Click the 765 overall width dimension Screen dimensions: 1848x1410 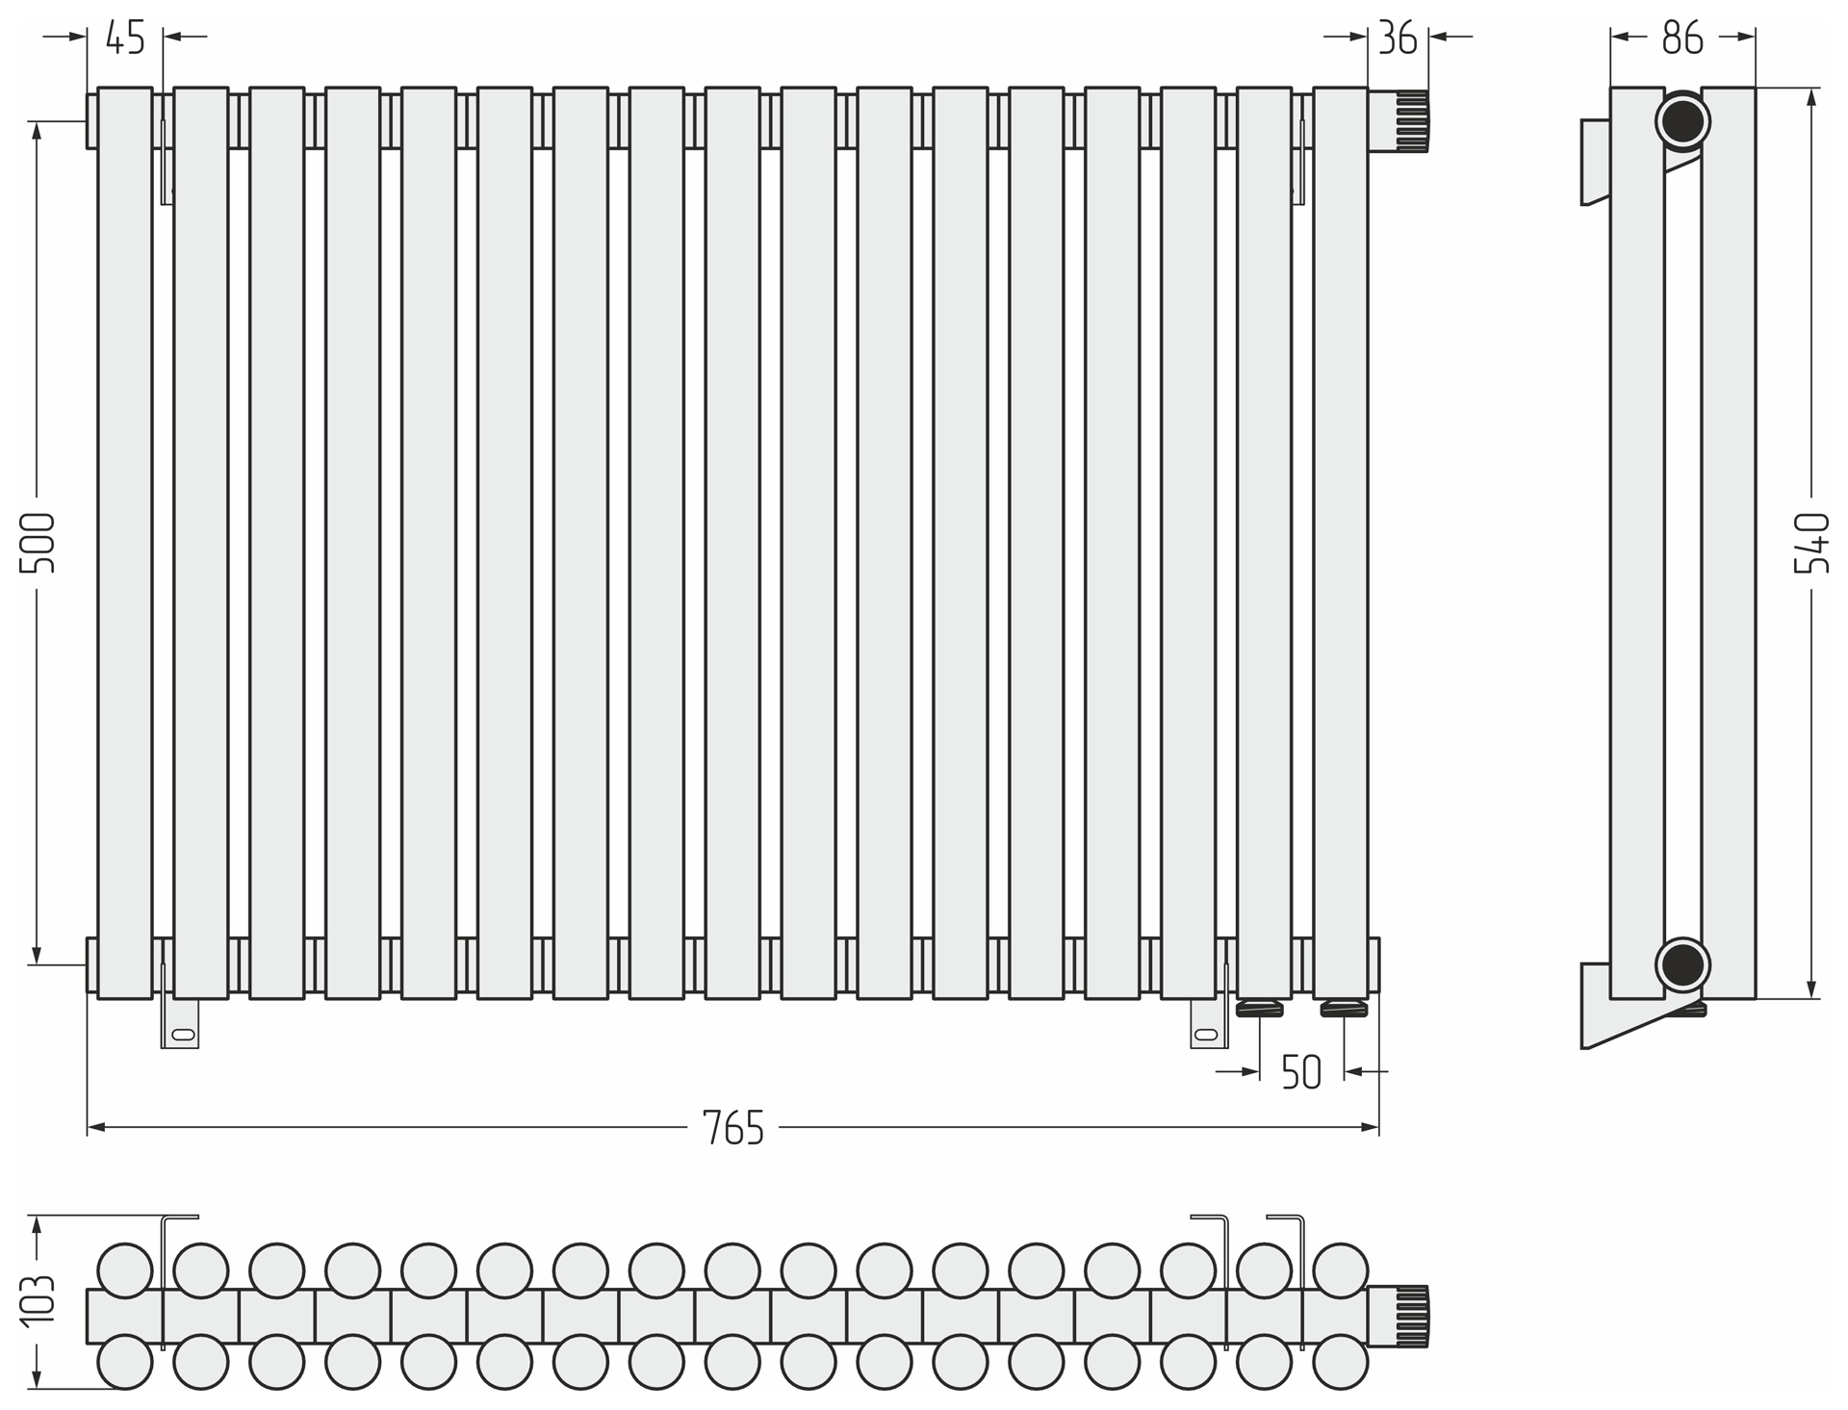point(733,1127)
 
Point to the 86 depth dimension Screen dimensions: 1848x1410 point(1681,38)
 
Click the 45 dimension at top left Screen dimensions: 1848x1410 point(125,38)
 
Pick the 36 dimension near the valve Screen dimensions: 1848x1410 point(1398,38)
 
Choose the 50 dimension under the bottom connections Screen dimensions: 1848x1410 point(1301,1072)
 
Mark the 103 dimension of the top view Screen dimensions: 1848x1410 point(38,1301)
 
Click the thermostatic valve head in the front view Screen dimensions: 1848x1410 point(1399,121)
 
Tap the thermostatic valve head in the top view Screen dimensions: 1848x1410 point(1399,1316)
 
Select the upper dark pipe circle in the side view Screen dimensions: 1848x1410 point(1682,121)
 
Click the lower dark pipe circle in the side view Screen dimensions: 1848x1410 point(1682,964)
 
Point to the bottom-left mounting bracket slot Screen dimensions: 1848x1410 point(181,1035)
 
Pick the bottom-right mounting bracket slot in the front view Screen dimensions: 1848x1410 point(1206,1035)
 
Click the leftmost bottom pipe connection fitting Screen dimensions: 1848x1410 point(1260,1008)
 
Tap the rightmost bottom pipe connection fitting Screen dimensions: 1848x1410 point(1344,1008)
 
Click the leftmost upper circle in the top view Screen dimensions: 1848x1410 point(125,1269)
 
